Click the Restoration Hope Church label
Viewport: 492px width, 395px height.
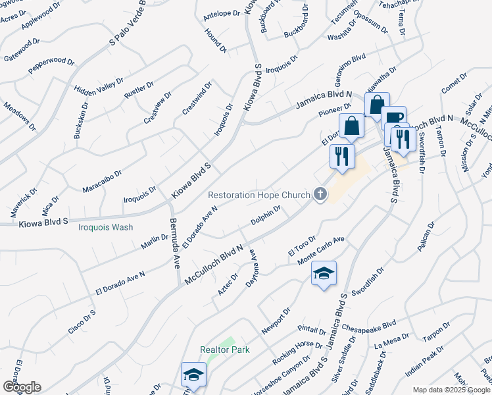coord(258,195)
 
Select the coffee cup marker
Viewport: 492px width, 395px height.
coord(394,119)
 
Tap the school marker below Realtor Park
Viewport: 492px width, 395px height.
coord(193,375)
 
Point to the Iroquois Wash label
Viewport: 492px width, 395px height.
coord(105,227)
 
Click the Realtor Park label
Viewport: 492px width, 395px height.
coord(225,350)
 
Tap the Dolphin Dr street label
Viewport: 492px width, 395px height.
coord(266,218)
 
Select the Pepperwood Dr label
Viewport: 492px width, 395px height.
coord(51,66)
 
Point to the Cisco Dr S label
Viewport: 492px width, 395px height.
coord(82,321)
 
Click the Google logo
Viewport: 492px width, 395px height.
coord(22,386)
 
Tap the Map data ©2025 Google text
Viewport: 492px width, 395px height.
coord(451,390)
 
